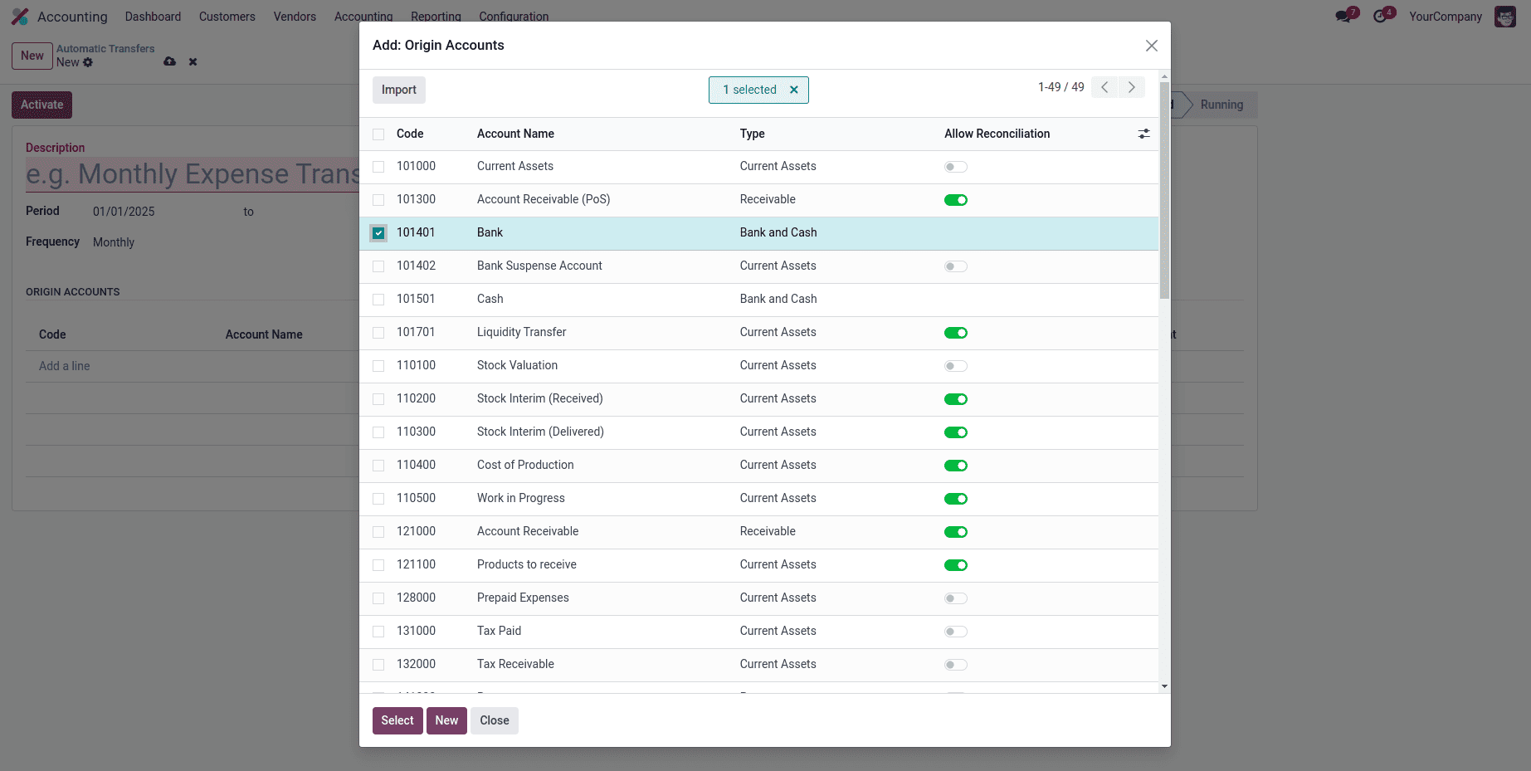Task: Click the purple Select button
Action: [397, 720]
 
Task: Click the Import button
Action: [398, 90]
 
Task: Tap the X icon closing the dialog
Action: [1151, 46]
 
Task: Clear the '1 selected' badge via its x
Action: [794, 90]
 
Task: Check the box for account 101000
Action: [378, 167]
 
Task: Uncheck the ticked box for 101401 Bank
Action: [378, 233]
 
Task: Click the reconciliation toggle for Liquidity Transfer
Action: [955, 333]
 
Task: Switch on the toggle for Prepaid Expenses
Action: [955, 598]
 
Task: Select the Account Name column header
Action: [515, 134]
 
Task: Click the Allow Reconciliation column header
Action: [997, 134]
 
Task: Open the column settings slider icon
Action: [1143, 134]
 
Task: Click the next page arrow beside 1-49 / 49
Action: [1131, 87]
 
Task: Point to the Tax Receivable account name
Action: [515, 664]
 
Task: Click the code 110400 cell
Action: [416, 465]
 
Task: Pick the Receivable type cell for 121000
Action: [768, 531]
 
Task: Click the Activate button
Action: [41, 105]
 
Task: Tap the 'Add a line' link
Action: [64, 366]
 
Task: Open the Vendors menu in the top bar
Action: [295, 17]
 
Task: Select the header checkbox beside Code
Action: [378, 134]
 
